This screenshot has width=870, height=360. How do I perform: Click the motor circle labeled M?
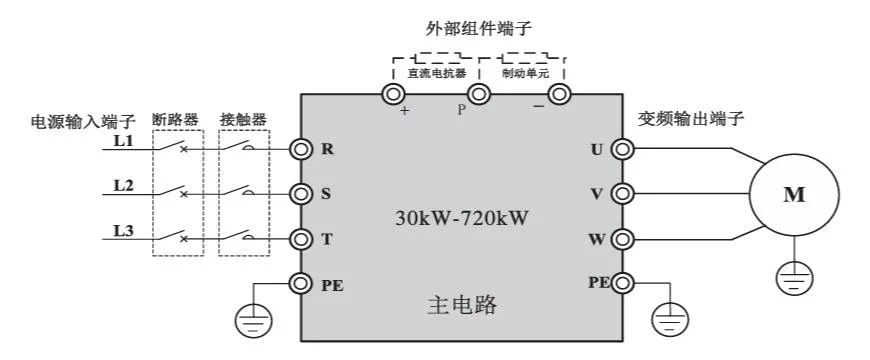[x=793, y=195]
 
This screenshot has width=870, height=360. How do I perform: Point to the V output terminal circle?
[x=623, y=194]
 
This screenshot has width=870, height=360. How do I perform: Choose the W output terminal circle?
[x=623, y=239]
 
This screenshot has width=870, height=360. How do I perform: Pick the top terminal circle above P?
[x=479, y=95]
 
